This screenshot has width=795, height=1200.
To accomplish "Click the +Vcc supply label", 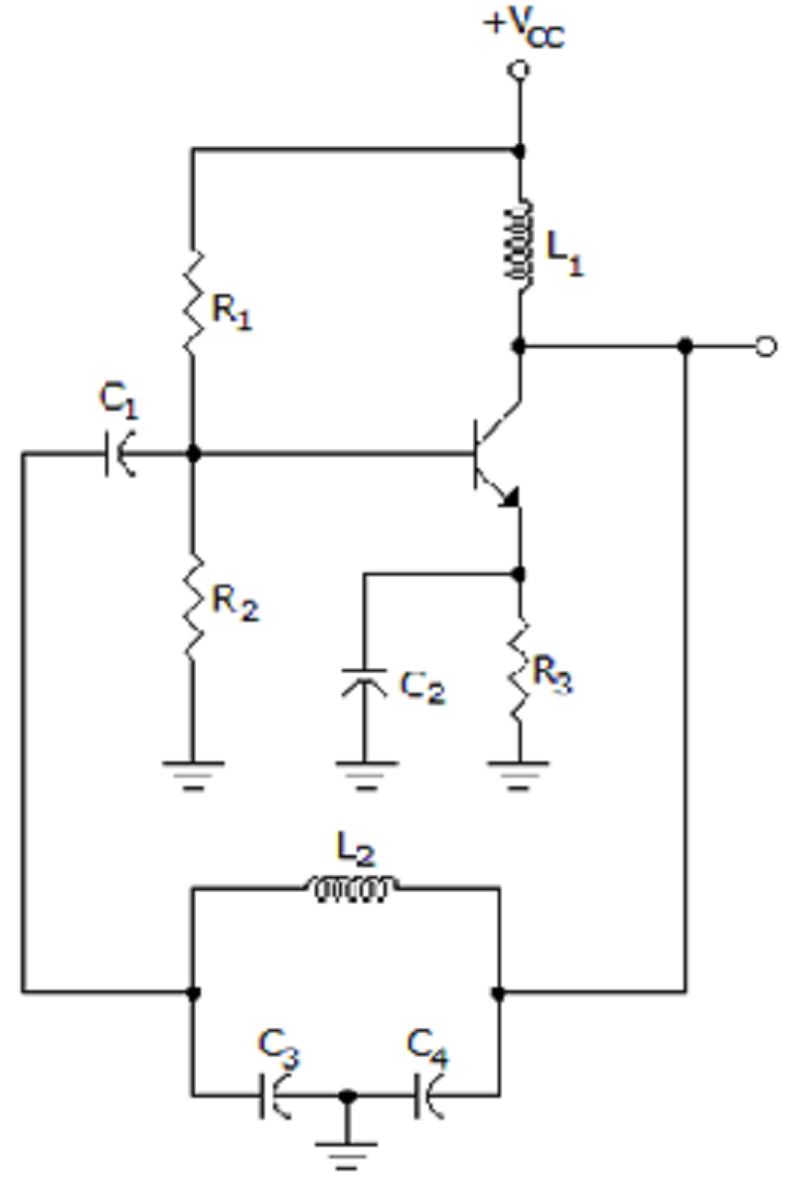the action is click(524, 29).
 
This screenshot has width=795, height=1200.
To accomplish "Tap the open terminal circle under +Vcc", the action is click(519, 70).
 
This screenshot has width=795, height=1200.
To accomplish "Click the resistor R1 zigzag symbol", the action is click(193, 302).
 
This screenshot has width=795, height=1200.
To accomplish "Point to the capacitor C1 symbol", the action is click(119, 454).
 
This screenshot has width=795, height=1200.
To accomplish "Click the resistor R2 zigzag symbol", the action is click(193, 605).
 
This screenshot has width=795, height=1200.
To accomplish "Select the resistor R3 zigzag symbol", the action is click(518, 671).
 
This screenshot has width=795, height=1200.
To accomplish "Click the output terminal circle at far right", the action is click(766, 347).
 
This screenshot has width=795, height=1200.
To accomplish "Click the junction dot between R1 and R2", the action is click(193, 454).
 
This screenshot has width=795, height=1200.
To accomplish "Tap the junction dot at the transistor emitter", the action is click(518, 575).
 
